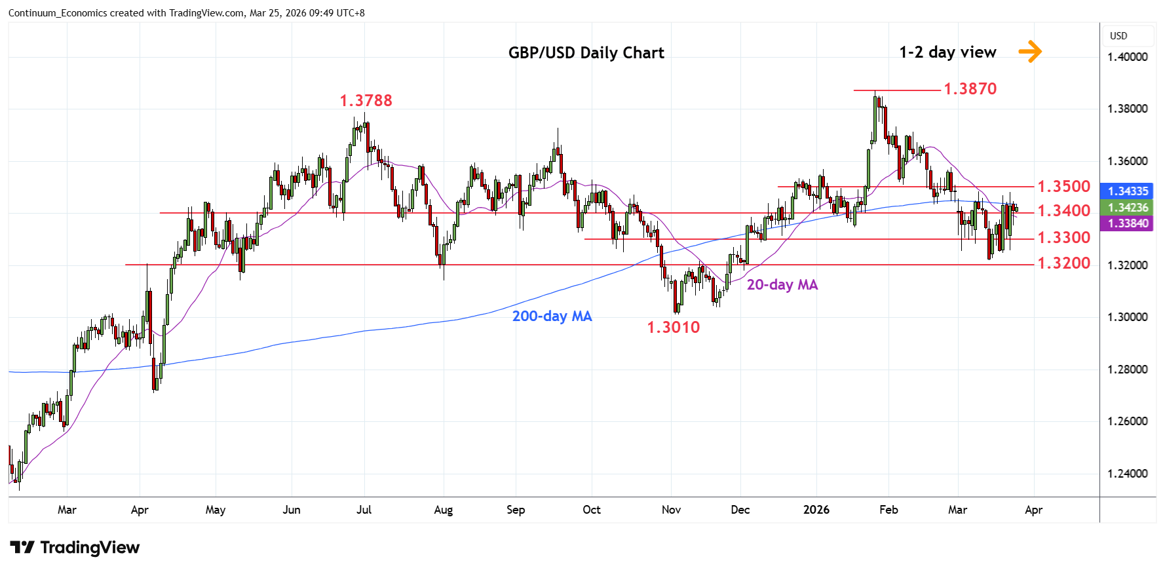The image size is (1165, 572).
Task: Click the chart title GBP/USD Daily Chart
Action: click(586, 53)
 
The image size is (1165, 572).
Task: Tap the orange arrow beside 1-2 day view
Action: click(1030, 51)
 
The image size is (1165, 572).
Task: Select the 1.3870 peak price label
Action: click(970, 89)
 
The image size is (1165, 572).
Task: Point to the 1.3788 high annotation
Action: click(366, 101)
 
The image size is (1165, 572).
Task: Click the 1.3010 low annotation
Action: click(673, 328)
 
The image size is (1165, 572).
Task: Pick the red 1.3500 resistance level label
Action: click(1063, 187)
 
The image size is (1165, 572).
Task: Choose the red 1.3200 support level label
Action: click(1063, 263)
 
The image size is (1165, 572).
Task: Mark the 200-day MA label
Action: click(552, 316)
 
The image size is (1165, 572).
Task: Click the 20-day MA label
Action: click(782, 285)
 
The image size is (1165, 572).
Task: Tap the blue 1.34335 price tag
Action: click(1128, 191)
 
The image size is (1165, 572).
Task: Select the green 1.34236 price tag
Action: click(1128, 208)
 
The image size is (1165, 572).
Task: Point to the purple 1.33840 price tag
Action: click(1128, 223)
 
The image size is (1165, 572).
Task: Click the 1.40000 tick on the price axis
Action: click(1127, 57)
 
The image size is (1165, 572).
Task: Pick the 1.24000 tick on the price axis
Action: click(1127, 474)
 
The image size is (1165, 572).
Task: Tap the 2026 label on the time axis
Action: click(816, 510)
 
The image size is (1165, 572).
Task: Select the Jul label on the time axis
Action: click(364, 510)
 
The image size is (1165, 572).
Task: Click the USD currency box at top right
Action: click(1118, 36)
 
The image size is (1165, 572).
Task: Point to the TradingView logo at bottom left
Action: click(75, 548)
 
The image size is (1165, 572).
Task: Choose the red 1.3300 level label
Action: click(1063, 238)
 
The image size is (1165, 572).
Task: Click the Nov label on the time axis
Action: click(671, 510)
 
